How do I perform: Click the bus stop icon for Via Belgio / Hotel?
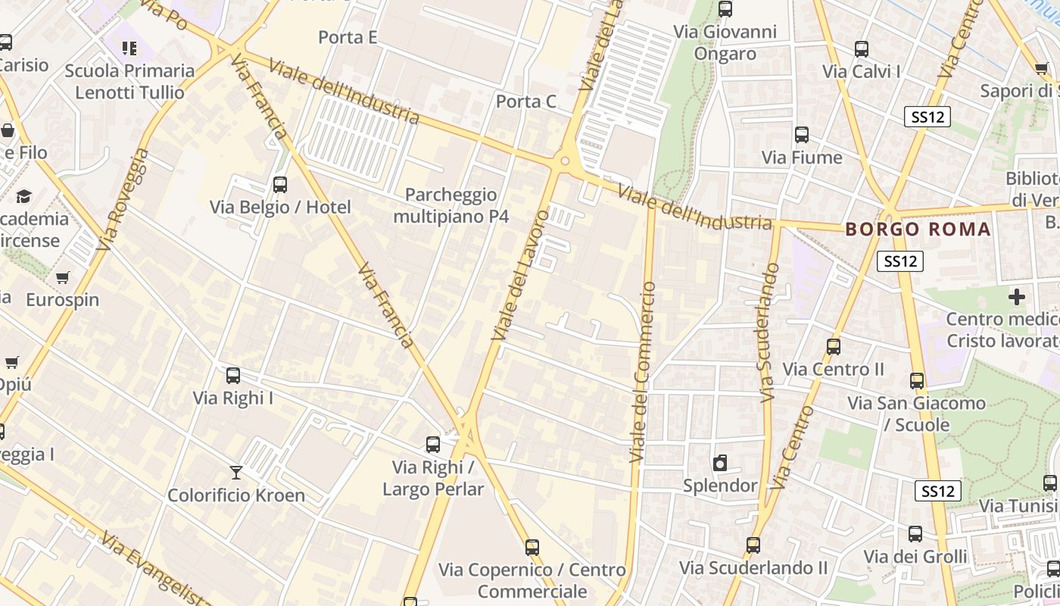click(279, 184)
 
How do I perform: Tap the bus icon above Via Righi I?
click(233, 376)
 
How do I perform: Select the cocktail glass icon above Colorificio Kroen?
click(236, 473)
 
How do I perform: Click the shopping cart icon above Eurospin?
click(62, 277)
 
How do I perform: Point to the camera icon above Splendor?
click(720, 463)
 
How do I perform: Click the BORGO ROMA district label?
click(918, 229)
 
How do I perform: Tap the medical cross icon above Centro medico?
click(1017, 297)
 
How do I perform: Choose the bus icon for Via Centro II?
click(834, 347)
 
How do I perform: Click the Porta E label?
click(348, 37)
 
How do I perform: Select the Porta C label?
click(525, 102)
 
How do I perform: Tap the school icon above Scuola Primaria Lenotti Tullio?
click(129, 48)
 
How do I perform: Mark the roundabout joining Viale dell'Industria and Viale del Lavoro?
click(564, 161)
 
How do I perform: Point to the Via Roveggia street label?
click(124, 198)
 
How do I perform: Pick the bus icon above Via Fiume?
click(802, 135)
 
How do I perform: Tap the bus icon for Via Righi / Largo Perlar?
click(433, 445)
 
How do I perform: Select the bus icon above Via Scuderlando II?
click(753, 545)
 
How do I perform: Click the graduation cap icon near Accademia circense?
click(24, 196)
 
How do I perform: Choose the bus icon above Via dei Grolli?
click(915, 534)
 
